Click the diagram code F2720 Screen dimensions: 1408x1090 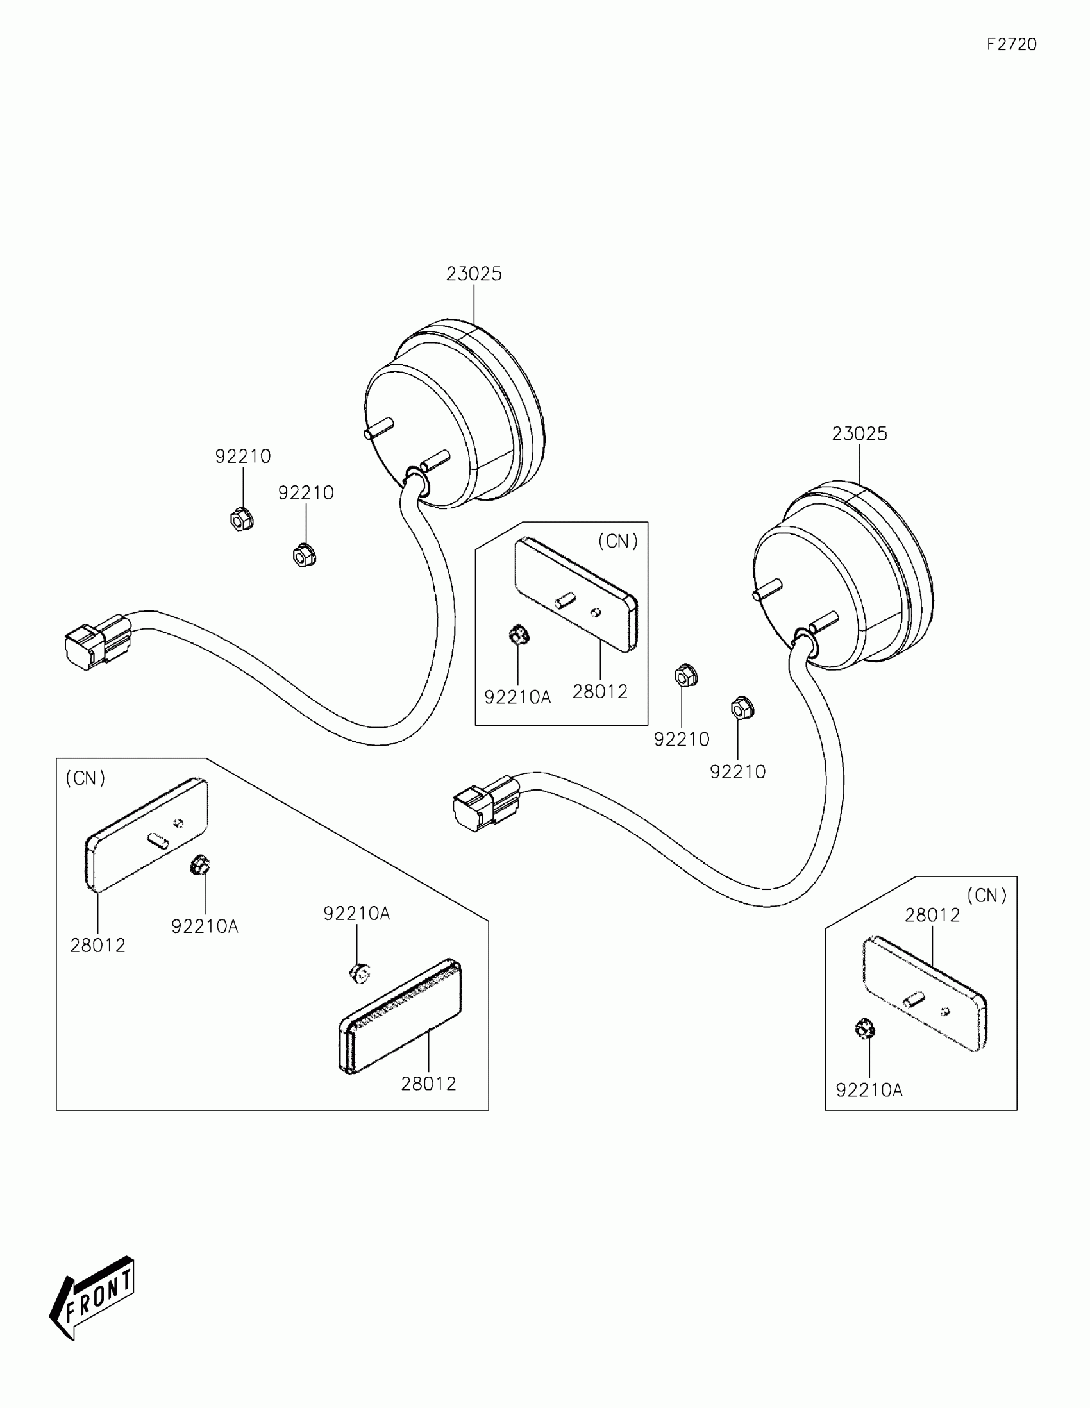(1011, 44)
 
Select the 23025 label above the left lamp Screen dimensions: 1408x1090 (474, 274)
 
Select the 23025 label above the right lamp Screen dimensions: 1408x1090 (859, 434)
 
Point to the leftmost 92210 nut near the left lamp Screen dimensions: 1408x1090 (241, 518)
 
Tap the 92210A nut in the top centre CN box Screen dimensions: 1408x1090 (518, 636)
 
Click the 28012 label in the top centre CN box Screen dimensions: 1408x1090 (599, 692)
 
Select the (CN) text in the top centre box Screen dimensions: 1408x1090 (617, 542)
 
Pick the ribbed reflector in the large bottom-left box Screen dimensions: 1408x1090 (400, 1017)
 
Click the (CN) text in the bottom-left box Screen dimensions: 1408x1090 (85, 778)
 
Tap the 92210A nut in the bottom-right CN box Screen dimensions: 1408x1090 (864, 1028)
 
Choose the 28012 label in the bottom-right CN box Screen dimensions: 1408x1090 (932, 915)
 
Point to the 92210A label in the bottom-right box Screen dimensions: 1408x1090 (869, 1090)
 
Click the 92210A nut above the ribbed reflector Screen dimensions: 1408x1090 (358, 973)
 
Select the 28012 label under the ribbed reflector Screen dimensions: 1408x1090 (428, 1084)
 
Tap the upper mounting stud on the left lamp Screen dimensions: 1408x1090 (378, 428)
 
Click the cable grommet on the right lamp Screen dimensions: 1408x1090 (804, 642)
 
